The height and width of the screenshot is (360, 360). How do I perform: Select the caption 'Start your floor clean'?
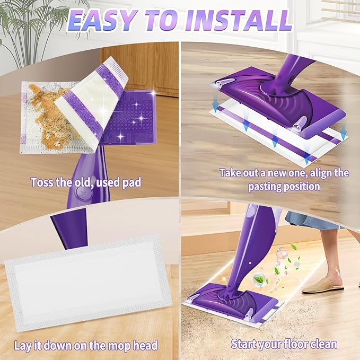click(x=284, y=344)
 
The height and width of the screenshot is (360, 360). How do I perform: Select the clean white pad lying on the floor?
click(x=87, y=281)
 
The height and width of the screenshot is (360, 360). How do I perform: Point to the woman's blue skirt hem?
click(x=310, y=223)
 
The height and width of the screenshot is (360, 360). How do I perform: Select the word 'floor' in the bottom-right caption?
click(x=293, y=344)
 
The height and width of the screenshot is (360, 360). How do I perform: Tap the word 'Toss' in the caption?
click(x=42, y=183)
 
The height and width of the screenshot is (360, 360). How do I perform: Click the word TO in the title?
click(x=159, y=21)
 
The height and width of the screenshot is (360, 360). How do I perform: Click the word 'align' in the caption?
click(x=320, y=173)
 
